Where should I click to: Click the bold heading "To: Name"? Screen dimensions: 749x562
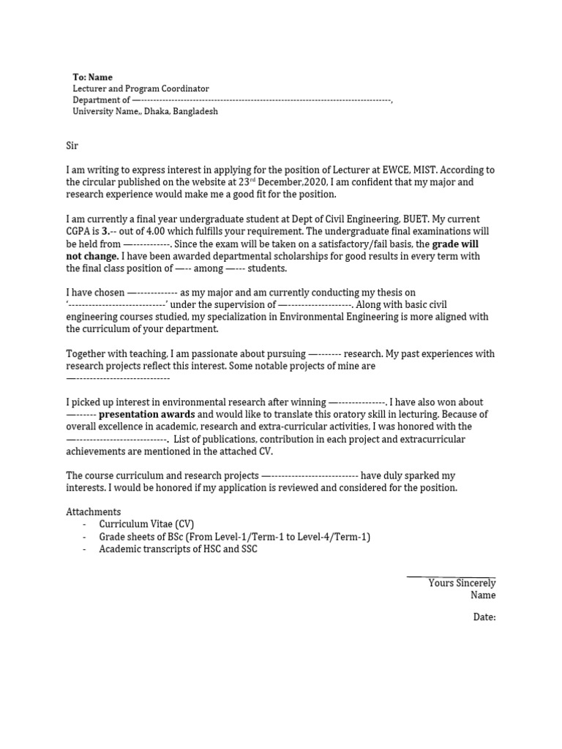[92, 77]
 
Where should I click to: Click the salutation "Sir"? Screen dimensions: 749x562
[72, 146]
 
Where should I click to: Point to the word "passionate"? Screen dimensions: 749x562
[187, 353]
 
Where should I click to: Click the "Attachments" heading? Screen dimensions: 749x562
[94, 511]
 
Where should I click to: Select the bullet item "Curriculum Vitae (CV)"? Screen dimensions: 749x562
[146, 524]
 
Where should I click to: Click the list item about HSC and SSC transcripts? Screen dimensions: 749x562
[178, 549]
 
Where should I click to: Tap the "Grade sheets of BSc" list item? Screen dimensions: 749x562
[234, 536]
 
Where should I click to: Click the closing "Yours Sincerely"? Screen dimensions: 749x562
[462, 583]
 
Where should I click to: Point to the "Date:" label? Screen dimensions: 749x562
[484, 617]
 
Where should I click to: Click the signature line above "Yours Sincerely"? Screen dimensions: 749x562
[451, 576]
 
